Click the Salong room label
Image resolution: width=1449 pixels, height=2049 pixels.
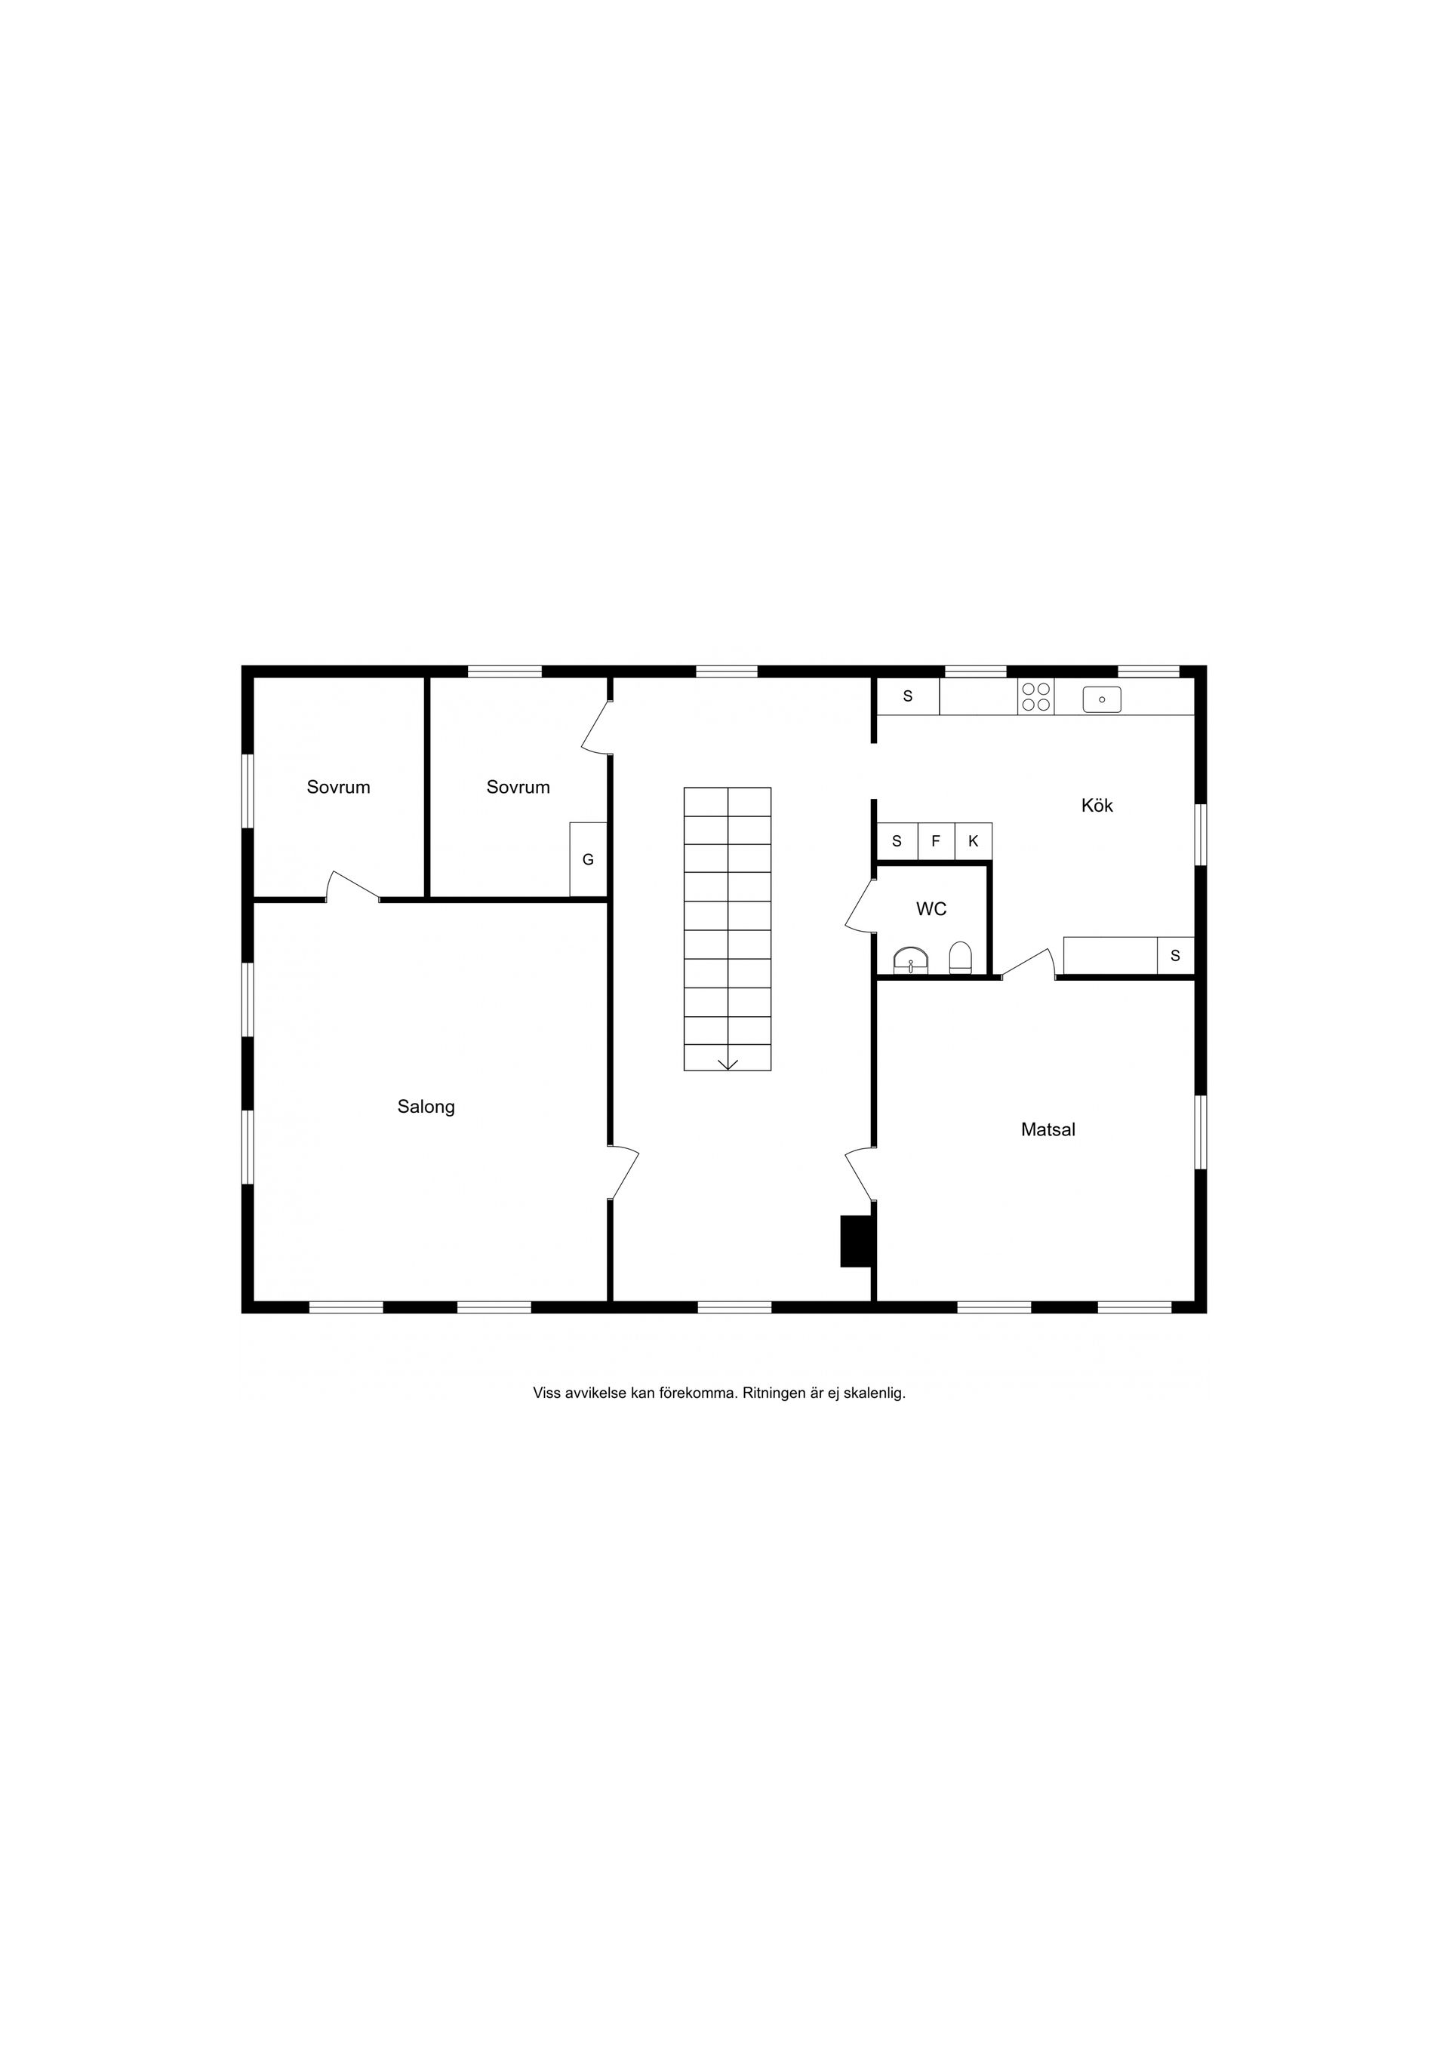[x=426, y=1107]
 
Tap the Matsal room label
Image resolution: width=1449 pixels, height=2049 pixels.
[x=1048, y=1130]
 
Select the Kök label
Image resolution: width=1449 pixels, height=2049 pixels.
[x=1097, y=805]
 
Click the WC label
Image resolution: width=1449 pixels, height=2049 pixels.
[x=931, y=909]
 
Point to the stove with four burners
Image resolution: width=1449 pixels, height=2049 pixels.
[x=1035, y=696]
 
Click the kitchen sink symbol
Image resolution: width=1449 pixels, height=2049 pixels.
[x=1102, y=699]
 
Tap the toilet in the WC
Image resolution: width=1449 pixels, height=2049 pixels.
[x=960, y=957]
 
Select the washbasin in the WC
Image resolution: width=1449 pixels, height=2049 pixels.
[x=911, y=960]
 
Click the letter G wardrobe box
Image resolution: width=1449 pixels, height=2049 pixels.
[x=589, y=859]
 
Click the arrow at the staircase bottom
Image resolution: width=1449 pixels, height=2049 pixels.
[x=728, y=1063]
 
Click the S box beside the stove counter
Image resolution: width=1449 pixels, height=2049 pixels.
[x=908, y=696]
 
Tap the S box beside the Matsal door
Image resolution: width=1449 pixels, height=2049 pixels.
[x=1175, y=956]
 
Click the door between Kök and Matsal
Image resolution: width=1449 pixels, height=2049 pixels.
[x=1028, y=965]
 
